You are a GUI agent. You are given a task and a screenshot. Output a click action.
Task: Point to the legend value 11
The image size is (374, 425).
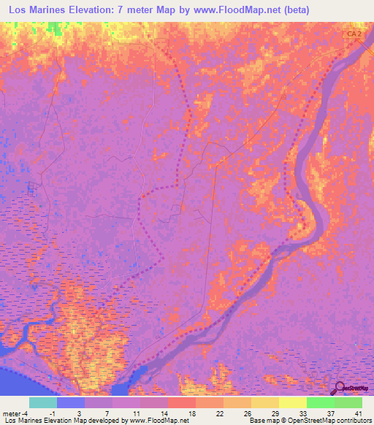(136, 413)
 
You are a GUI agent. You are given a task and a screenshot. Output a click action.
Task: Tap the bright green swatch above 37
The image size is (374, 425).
(321, 402)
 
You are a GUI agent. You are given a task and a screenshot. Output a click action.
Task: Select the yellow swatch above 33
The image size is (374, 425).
(293, 402)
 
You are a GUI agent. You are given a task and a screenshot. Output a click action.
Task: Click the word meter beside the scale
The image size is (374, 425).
(12, 413)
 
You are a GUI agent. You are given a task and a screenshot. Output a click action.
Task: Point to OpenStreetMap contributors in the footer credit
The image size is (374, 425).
(332, 421)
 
